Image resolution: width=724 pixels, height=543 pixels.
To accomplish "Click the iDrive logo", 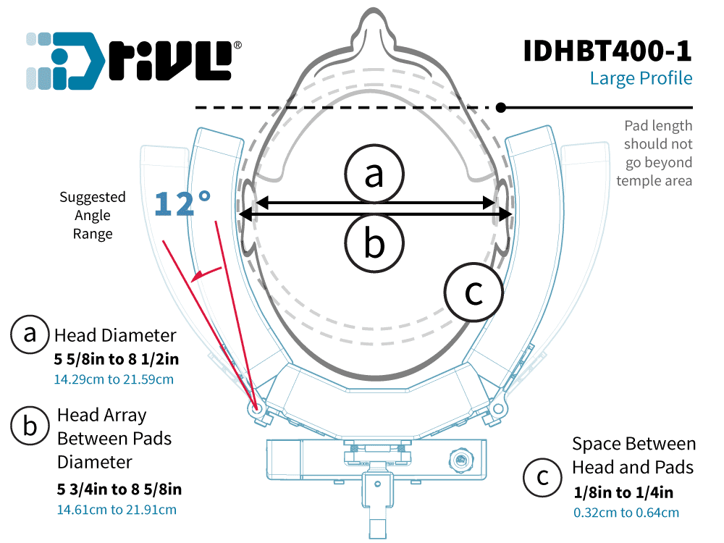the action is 133,61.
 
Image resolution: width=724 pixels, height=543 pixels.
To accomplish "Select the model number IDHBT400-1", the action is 607,51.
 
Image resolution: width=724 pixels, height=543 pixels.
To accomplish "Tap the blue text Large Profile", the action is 641,78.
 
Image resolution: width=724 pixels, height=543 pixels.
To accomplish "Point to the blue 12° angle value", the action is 182,203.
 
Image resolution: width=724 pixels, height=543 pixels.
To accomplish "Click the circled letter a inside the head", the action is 374,174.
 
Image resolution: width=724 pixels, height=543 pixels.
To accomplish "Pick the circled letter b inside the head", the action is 374,243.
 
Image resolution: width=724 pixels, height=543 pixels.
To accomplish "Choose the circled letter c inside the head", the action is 473,292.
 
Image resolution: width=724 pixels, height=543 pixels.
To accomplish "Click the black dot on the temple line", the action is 501,108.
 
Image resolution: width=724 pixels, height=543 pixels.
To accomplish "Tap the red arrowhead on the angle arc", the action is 198,275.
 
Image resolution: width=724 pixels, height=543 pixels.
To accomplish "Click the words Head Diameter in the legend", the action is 115,335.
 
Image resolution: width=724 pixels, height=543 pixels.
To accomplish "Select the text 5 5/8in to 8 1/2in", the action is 117,359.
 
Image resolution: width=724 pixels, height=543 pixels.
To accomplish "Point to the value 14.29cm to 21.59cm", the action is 114,379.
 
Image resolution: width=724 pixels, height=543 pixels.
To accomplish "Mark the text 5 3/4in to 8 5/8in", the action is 119,489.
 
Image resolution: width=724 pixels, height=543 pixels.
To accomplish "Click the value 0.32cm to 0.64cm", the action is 626,513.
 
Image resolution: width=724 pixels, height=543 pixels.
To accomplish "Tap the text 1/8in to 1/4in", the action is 623,492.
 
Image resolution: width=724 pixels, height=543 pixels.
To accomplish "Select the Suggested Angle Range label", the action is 93,216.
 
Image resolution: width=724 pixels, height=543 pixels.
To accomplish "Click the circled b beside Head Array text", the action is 30,426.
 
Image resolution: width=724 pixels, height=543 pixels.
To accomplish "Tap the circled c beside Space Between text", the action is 542,477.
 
